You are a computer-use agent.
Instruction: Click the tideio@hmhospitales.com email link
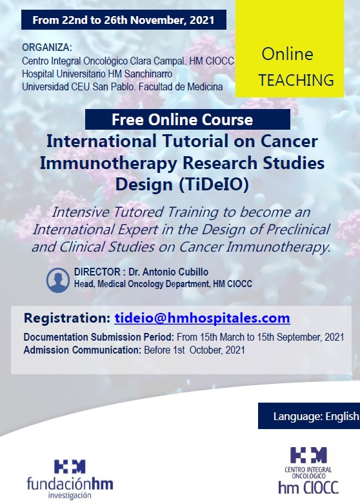(x=202, y=318)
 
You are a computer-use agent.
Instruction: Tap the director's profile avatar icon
(x=58, y=280)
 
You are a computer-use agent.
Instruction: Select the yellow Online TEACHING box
(x=290, y=48)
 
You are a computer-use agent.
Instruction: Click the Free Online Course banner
(x=188, y=119)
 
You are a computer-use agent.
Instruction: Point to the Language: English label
(x=309, y=416)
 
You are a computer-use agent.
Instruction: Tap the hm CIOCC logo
(x=308, y=470)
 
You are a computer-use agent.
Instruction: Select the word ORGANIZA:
(x=47, y=47)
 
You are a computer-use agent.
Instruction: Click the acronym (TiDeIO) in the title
(x=214, y=185)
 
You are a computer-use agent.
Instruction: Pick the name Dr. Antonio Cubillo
(x=168, y=272)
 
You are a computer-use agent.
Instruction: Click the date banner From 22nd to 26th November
(x=124, y=20)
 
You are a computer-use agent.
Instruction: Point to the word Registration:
(x=67, y=318)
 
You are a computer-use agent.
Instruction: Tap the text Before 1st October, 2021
(x=195, y=350)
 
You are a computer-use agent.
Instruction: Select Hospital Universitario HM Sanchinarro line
(x=97, y=74)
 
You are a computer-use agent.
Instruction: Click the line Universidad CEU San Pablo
(x=122, y=86)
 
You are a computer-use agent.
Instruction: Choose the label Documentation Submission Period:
(x=99, y=337)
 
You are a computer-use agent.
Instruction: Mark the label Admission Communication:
(x=82, y=350)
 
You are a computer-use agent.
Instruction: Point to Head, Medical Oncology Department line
(x=163, y=284)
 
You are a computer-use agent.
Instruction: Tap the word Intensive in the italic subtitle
(x=81, y=212)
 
